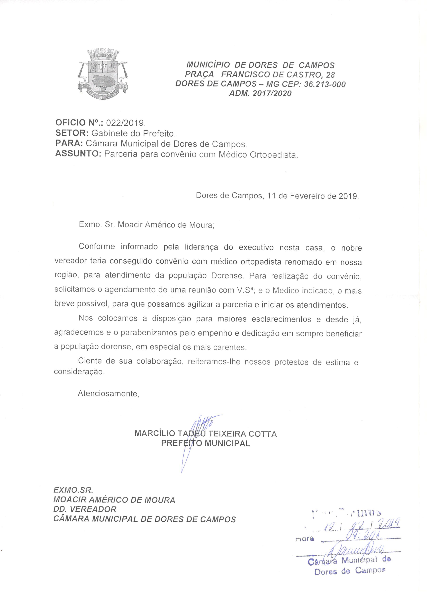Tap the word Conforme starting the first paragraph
(97, 246)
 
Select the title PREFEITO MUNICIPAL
(206, 443)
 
